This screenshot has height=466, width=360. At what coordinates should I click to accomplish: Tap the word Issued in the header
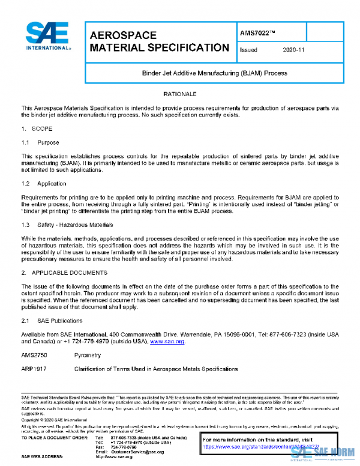(x=248, y=50)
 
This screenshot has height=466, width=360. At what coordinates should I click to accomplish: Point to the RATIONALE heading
(x=180, y=95)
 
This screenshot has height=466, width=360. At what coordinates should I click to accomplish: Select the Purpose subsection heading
(x=48, y=143)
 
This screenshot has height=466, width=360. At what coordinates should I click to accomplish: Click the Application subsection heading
(x=52, y=183)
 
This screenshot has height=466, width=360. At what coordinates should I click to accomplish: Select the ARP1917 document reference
(x=34, y=369)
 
